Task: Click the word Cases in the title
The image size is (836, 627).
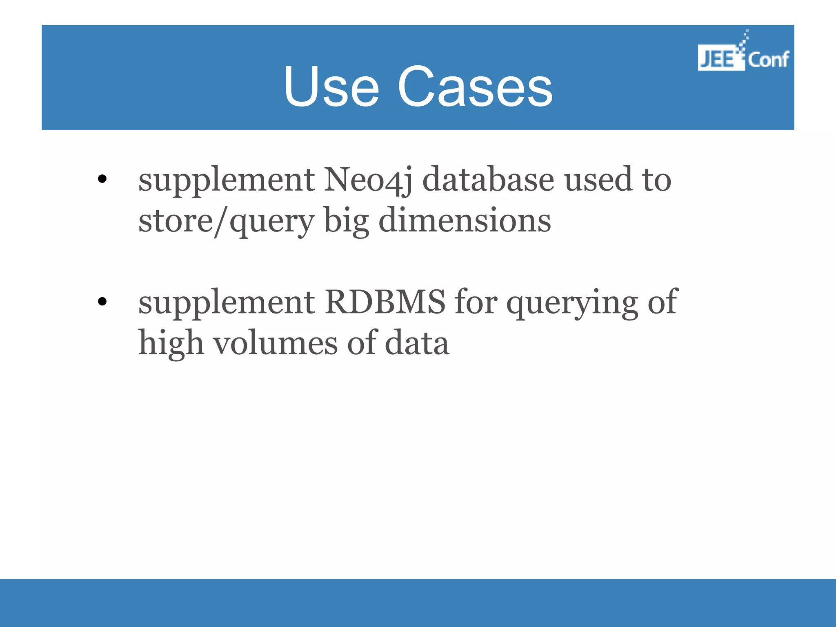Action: point(475,87)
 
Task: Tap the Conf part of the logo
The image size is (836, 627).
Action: point(768,60)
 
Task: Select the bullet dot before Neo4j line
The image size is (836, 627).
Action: point(102,179)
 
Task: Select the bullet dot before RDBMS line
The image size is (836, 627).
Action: point(102,302)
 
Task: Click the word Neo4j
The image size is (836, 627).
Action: point(368,180)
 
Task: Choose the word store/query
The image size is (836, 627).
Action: point(226,222)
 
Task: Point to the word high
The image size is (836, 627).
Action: point(171,344)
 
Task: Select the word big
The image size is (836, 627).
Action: point(347,222)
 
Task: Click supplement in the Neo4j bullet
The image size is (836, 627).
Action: point(226,181)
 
